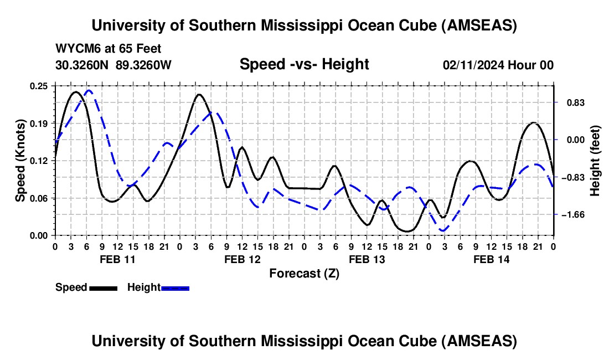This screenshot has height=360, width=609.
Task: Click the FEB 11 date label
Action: coord(116,259)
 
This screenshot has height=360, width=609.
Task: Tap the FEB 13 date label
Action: coord(366,259)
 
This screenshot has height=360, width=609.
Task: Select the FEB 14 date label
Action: coord(491,259)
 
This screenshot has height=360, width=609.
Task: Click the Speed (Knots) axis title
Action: coord(20,160)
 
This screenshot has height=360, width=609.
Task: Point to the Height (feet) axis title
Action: coord(595,161)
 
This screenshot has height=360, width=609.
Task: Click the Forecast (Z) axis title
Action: coord(304,273)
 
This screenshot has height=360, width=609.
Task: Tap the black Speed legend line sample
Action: coord(103,288)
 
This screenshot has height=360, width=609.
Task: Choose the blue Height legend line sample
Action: coord(175,288)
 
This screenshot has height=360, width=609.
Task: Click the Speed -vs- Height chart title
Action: coord(304,65)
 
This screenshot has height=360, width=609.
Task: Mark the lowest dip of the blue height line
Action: coord(443,230)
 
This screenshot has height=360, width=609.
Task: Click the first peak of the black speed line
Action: coord(76,92)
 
